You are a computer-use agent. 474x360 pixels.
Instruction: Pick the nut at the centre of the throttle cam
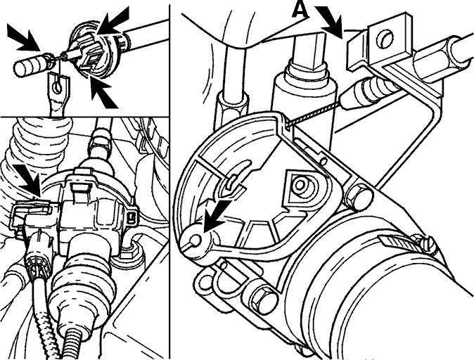[300, 185]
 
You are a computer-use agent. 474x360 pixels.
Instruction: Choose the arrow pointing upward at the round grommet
[102, 92]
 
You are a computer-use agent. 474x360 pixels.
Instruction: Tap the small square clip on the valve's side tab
[132, 217]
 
